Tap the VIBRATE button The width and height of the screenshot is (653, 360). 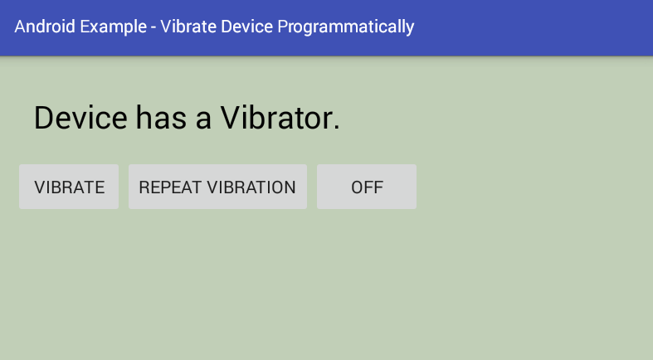pyautogui.click(x=69, y=187)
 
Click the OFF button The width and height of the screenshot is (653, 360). pyautogui.click(x=367, y=187)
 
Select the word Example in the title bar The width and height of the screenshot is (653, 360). pyautogui.click(x=114, y=27)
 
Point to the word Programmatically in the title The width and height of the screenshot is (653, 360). pyautogui.click(x=346, y=27)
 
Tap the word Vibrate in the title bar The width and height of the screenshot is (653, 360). pyautogui.click(x=188, y=27)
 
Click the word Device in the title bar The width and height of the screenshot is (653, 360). pyautogui.click(x=246, y=27)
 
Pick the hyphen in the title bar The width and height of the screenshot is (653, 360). pyautogui.click(x=154, y=28)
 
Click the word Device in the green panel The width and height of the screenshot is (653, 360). pyautogui.click(x=80, y=117)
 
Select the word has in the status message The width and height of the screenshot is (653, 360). pyautogui.click(x=161, y=117)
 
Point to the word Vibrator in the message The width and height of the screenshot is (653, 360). pyautogui.click(x=277, y=117)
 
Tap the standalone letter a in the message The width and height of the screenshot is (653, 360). pyautogui.click(x=203, y=121)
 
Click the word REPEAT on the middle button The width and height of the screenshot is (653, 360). pyautogui.click(x=170, y=187)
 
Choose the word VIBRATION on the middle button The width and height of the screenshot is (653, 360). pyautogui.click(x=251, y=187)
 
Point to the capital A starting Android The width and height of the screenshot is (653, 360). pyautogui.click(x=20, y=27)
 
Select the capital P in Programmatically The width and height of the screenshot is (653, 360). pyautogui.click(x=282, y=27)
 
